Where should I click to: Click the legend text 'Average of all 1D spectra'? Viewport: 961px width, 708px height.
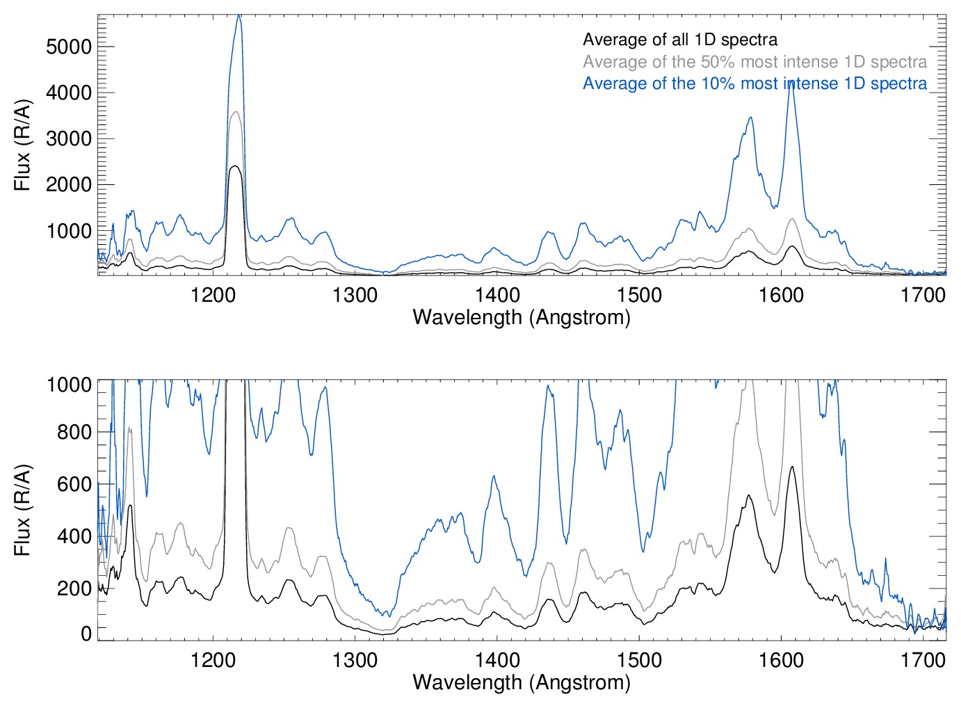click(679, 40)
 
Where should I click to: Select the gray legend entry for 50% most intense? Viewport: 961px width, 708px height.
click(754, 62)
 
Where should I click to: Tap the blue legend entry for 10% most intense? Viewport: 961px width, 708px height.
click(754, 83)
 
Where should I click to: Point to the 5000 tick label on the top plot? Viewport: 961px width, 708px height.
click(69, 47)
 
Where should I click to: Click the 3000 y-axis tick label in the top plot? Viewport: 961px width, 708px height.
click(69, 138)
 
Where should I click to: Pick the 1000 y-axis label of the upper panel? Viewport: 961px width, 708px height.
click(69, 231)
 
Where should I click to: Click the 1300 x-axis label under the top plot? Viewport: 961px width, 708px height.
click(355, 295)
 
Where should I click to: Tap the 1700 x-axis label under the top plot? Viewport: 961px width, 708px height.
click(923, 295)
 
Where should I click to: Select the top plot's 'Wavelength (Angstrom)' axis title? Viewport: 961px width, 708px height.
click(522, 318)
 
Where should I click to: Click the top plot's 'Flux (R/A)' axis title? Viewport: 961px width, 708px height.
click(22, 145)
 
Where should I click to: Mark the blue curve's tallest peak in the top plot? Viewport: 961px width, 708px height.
click(239, 16)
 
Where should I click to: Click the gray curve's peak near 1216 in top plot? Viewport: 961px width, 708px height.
click(236, 112)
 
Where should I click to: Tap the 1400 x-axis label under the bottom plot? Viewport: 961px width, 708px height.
click(497, 660)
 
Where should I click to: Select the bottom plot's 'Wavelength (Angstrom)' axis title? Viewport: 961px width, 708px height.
click(522, 682)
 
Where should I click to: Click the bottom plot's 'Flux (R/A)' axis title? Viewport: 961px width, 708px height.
click(22, 510)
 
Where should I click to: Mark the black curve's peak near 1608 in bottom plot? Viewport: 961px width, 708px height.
click(791, 467)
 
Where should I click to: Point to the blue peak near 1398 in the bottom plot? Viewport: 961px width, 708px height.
click(493, 476)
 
